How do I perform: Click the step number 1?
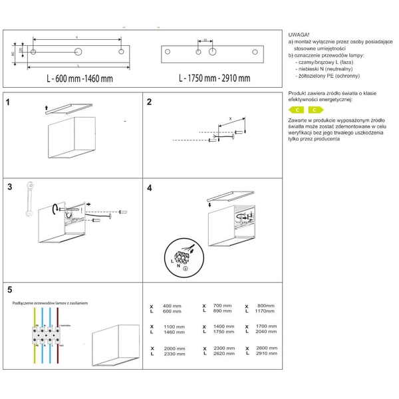coord(7,103)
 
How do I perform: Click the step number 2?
coord(150,102)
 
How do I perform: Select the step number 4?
coord(150,188)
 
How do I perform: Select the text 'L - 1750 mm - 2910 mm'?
coord(214,78)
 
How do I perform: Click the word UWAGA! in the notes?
coord(299,34)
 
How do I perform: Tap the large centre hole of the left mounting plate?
coord(78,51)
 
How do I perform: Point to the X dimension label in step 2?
coord(230,117)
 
